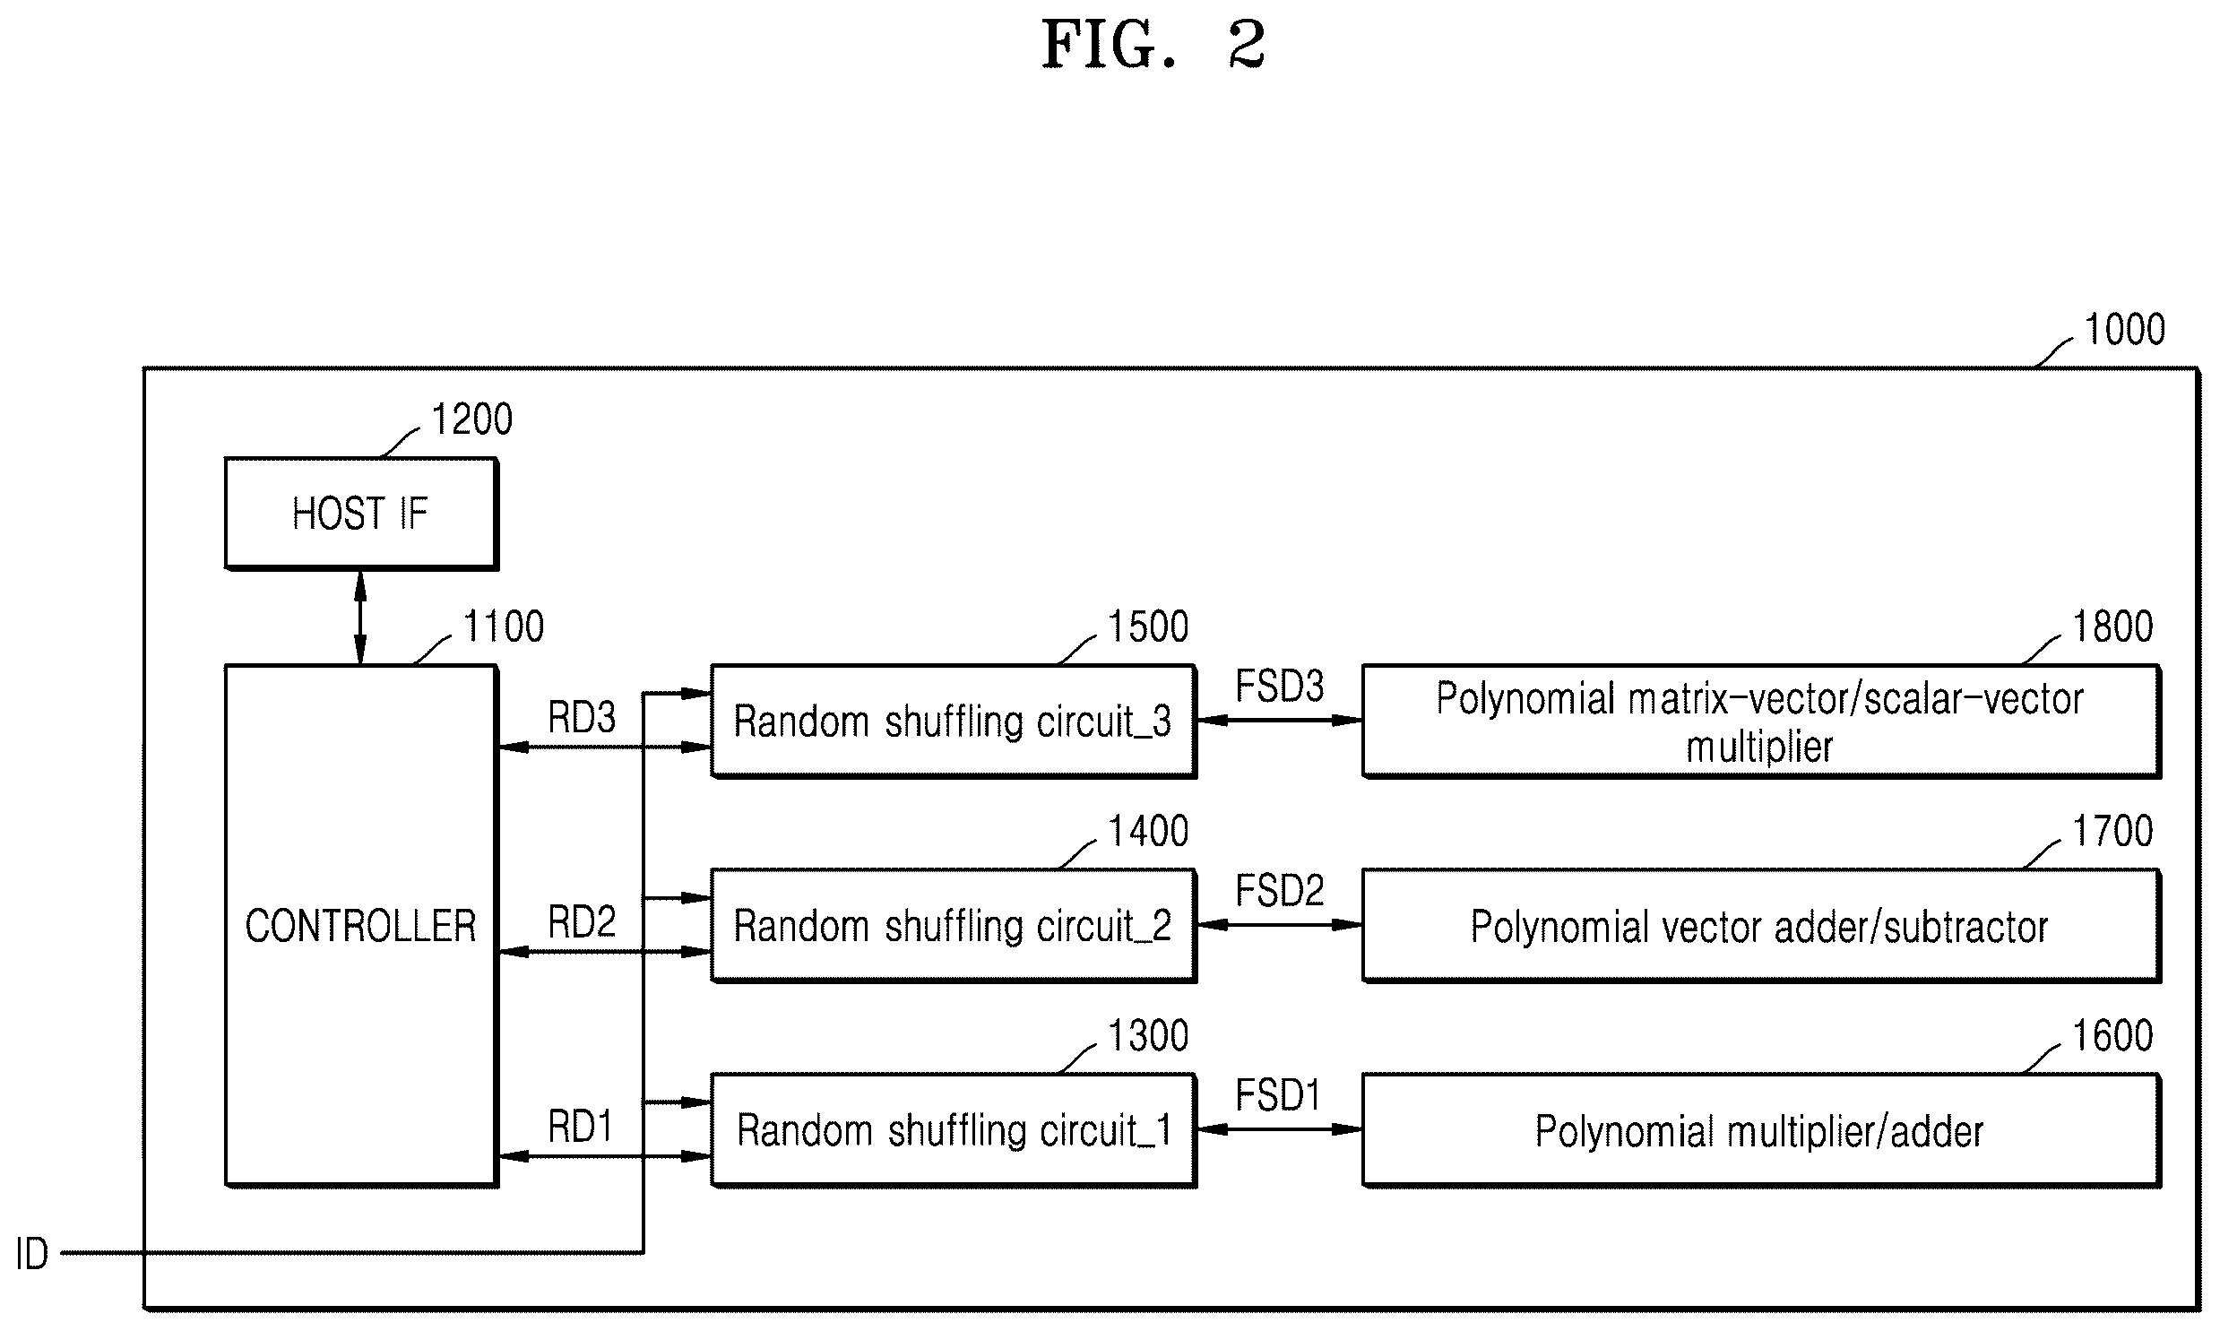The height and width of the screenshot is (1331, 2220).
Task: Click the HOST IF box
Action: click(x=360, y=514)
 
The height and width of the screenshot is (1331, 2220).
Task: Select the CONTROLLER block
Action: click(x=360, y=926)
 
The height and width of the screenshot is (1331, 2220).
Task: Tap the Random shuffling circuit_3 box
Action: click(x=953, y=722)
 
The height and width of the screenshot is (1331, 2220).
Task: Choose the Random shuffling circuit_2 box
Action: click(x=953, y=926)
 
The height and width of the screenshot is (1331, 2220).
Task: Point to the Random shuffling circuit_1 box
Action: click(x=953, y=1130)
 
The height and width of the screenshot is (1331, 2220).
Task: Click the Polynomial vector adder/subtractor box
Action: click(x=1760, y=926)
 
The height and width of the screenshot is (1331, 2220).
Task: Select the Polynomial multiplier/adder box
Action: click(x=1760, y=1130)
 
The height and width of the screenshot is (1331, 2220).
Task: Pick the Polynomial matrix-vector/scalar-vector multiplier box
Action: click(x=1760, y=722)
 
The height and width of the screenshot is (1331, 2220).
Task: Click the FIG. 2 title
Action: click(x=1153, y=45)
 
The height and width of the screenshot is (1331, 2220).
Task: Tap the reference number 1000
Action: click(x=2125, y=330)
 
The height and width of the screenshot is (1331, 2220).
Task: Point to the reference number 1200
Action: click(x=472, y=419)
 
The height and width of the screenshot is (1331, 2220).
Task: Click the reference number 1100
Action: click(x=504, y=626)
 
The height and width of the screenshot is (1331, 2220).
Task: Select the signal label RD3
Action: click(x=582, y=718)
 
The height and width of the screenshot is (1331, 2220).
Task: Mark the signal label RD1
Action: click(x=580, y=1127)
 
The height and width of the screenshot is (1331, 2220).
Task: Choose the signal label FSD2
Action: click(x=1280, y=891)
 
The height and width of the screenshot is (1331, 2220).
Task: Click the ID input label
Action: click(x=32, y=1254)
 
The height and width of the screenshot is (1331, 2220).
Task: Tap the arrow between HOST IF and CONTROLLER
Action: click(x=360, y=617)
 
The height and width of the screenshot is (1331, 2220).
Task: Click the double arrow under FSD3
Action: click(x=1280, y=721)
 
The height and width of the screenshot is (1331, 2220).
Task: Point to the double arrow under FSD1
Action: click(x=1280, y=1129)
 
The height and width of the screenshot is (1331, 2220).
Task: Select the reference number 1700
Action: click(x=2113, y=832)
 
